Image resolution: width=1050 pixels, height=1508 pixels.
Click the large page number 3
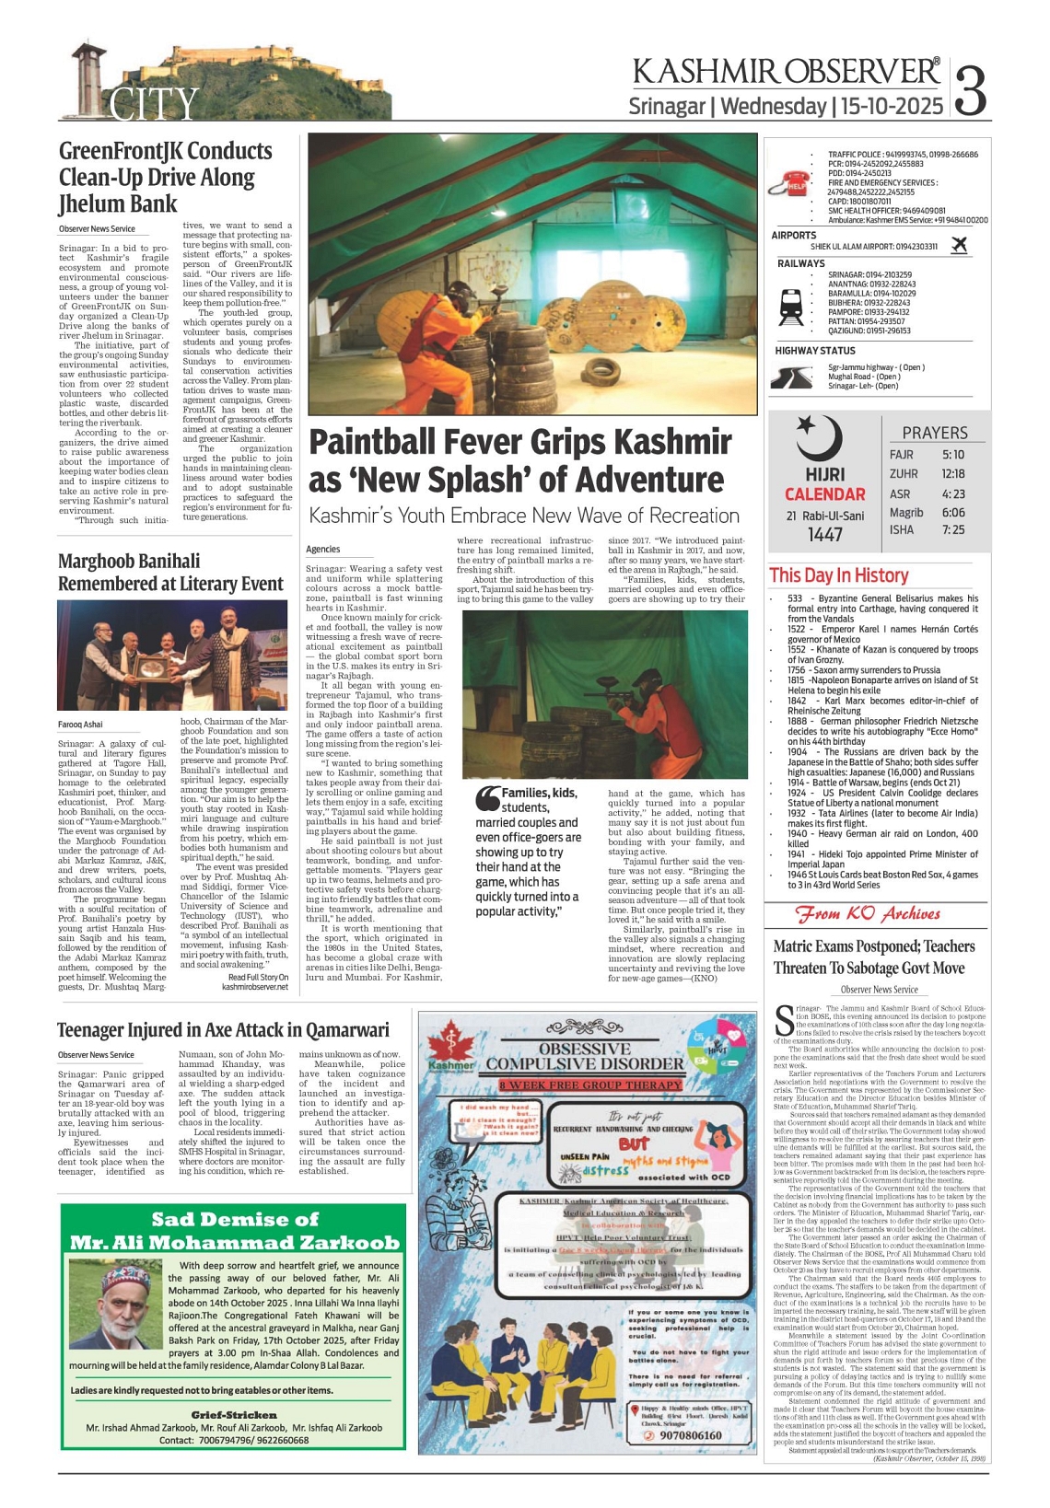[971, 88]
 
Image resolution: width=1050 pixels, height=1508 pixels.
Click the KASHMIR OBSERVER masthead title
[786, 73]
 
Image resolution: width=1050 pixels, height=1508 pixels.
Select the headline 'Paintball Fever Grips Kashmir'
[520, 442]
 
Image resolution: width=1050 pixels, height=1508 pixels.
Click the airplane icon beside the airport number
[959, 245]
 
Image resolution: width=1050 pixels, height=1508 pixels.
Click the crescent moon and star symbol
[818, 436]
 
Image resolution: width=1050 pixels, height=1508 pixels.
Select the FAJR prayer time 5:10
[953, 455]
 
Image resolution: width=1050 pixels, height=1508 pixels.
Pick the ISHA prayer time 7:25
[953, 529]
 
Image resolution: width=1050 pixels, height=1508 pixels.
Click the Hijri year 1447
[824, 534]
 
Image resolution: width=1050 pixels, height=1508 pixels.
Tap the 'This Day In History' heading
[838, 575]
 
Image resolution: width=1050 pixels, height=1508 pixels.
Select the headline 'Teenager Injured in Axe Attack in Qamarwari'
[223, 1029]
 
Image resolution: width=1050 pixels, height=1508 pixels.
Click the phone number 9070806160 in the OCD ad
[691, 1435]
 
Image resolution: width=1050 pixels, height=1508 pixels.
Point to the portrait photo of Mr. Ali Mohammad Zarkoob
[114, 1305]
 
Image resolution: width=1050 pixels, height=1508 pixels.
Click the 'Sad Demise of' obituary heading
[235, 1220]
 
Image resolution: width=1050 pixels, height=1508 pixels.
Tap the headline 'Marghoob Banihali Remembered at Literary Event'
[170, 572]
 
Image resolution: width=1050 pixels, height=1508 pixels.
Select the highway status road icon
[789, 377]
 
